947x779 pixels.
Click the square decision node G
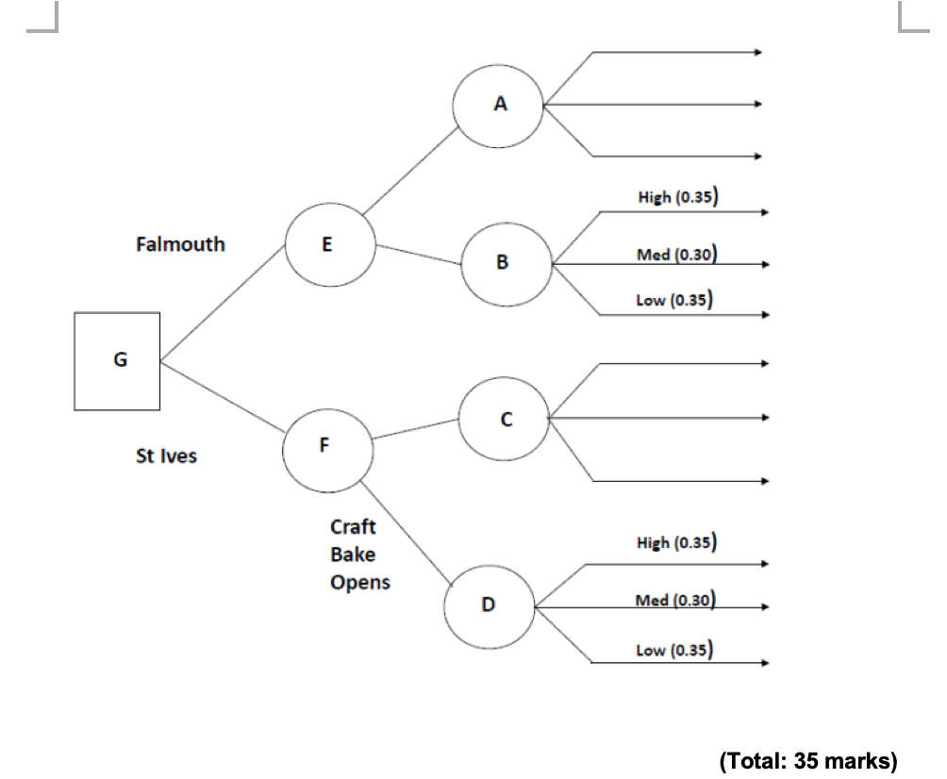click(117, 362)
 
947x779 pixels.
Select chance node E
click(329, 245)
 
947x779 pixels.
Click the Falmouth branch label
click(180, 244)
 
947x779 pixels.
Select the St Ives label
click(167, 457)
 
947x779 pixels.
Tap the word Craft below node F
click(352, 527)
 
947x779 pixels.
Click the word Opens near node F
click(359, 582)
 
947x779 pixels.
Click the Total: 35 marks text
click(807, 760)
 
